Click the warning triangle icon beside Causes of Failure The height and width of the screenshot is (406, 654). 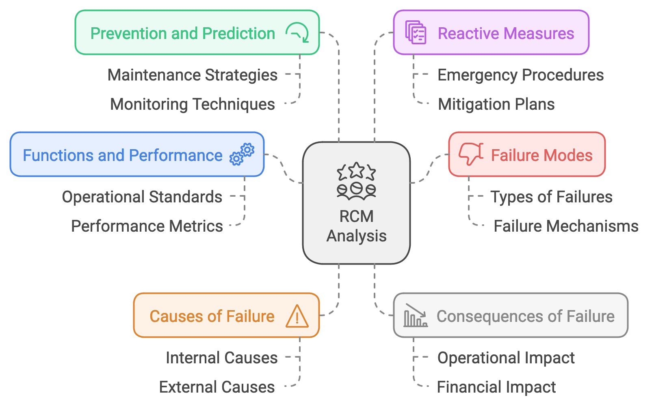point(297,317)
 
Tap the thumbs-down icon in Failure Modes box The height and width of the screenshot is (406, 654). point(471,154)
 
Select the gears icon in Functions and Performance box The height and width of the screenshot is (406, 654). point(242,154)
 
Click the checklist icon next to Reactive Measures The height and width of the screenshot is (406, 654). point(416,33)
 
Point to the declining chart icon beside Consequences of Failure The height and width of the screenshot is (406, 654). point(415,316)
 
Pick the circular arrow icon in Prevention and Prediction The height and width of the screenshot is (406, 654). point(297,33)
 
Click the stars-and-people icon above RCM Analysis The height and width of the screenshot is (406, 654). point(356,181)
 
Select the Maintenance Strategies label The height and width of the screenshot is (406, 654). point(193,75)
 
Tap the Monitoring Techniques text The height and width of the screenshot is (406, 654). point(193,104)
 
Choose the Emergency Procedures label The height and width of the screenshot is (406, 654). point(520,75)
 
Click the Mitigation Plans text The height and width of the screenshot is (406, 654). point(496,104)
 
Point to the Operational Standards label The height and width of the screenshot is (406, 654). point(142,197)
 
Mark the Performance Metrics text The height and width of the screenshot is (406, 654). point(147,226)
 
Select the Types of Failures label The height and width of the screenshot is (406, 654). point(551,197)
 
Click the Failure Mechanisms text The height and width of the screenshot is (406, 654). point(566,226)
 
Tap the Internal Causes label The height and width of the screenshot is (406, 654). point(222,358)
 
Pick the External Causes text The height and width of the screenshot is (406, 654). point(217,387)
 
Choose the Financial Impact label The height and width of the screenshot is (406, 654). point(496,387)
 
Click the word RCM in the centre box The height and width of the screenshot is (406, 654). point(356,217)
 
